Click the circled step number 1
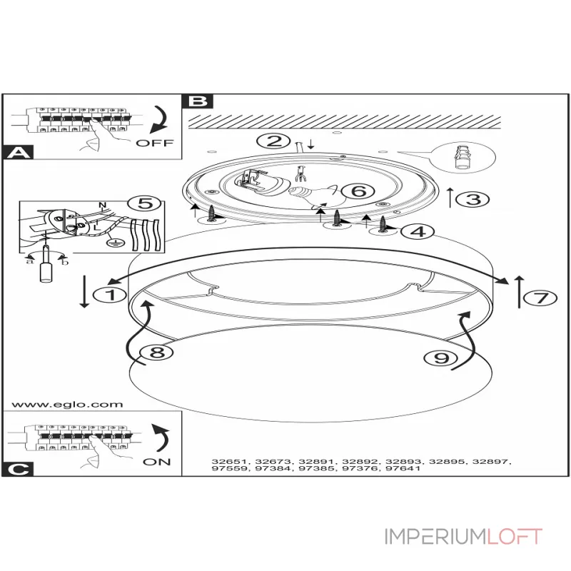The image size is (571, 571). tap(110, 295)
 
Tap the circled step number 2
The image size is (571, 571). tap(273, 141)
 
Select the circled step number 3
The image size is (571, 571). tap(473, 199)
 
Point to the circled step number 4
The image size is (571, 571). tap(418, 231)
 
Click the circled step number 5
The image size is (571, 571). tap(146, 203)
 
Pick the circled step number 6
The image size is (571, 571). tap(358, 191)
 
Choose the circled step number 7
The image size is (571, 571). tap(540, 298)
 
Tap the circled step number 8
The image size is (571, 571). tap(156, 352)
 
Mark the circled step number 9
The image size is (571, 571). tap(441, 358)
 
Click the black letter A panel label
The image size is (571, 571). tap(17, 152)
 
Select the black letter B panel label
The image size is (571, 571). tap(198, 101)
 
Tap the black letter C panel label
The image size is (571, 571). tap(17, 469)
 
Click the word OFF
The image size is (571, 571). tap(155, 143)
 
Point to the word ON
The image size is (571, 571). tap(156, 462)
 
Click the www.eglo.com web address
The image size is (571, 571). tap(67, 404)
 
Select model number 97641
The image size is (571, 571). tap(403, 468)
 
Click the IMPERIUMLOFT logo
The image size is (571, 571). tap(463, 536)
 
